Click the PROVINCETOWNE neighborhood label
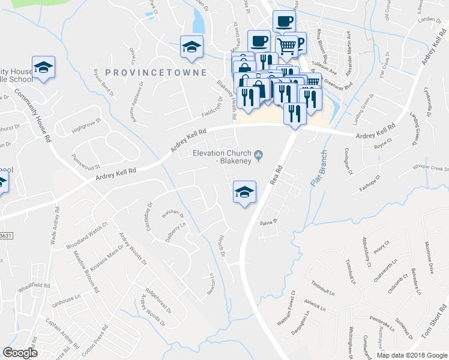pos(156,72)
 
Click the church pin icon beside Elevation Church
pos(259,157)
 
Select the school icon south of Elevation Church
pos(244,191)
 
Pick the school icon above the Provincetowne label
pos(192,46)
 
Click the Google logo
pos(20,352)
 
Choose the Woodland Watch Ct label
pos(86,234)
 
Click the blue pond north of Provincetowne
pos(198,22)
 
